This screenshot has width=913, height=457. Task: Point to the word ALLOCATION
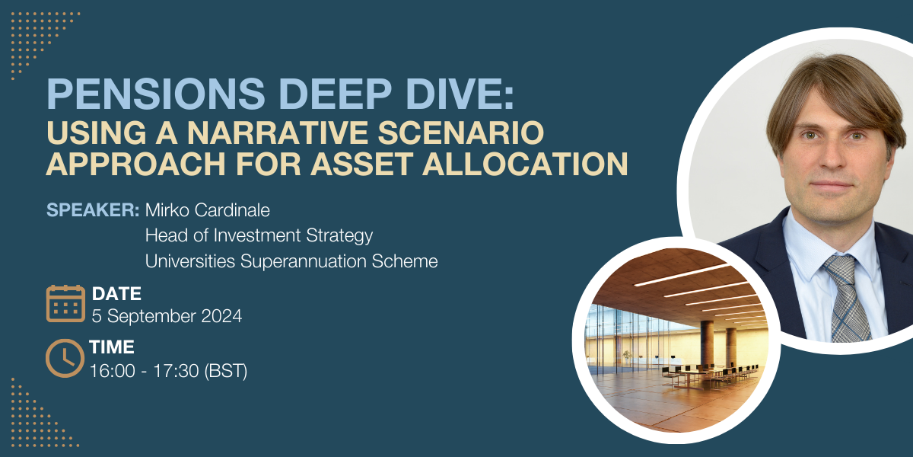[x=526, y=164]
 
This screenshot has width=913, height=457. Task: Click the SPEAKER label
[x=93, y=209]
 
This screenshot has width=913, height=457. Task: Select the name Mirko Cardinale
[x=208, y=210]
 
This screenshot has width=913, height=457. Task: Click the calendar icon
[x=65, y=304]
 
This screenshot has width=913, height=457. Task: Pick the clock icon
[x=65, y=358]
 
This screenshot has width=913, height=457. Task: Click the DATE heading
[x=116, y=294]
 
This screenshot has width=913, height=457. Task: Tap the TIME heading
[x=112, y=347]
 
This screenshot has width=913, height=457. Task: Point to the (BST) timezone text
[x=225, y=372]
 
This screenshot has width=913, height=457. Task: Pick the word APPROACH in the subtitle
[x=135, y=164]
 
